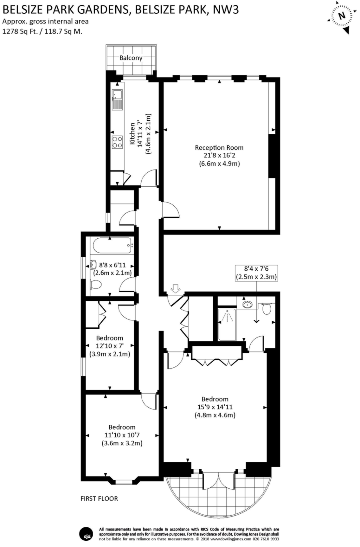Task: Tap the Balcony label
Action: click(131, 58)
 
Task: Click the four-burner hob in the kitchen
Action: click(117, 142)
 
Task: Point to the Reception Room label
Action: click(219, 147)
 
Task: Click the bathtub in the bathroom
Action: click(112, 245)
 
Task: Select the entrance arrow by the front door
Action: click(175, 288)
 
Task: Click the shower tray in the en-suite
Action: click(227, 324)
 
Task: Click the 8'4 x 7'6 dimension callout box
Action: click(256, 273)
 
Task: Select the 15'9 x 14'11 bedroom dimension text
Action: click(215, 407)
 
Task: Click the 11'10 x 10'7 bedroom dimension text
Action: click(122, 435)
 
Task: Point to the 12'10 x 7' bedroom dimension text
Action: click(110, 346)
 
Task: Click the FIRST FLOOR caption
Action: click(99, 499)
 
